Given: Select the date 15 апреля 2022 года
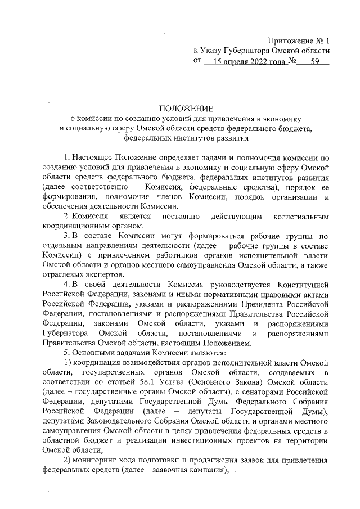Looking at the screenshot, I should (x=245, y=61).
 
